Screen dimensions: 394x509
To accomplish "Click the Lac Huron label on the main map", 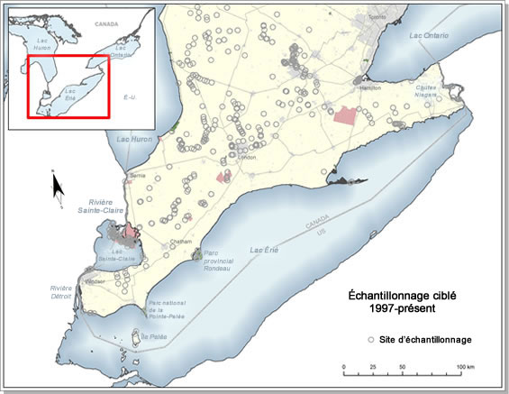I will pos(136,138).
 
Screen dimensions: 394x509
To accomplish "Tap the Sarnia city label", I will pos(138,174).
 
